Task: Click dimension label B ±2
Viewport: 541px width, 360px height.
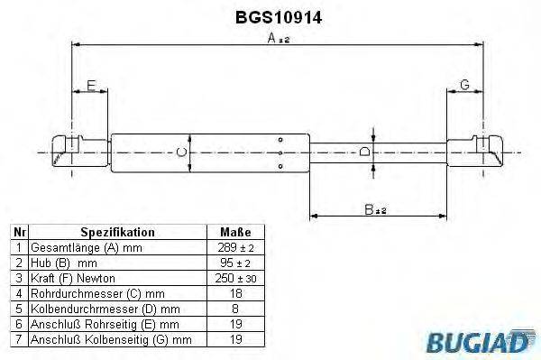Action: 375,209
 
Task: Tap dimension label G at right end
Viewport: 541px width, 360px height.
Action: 464,85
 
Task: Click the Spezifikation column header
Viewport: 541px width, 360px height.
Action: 117,232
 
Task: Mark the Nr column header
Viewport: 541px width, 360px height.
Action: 17,232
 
